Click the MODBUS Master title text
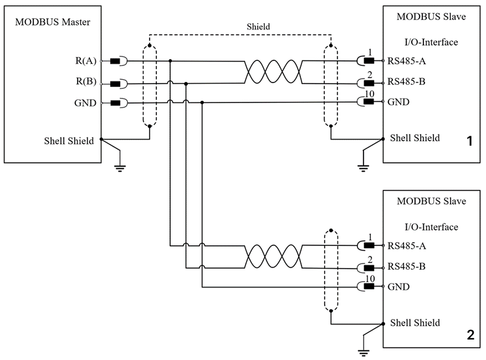53,22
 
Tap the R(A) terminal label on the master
86,61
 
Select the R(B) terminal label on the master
86,81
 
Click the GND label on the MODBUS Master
85,103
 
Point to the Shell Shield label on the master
69,141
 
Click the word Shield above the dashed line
258,27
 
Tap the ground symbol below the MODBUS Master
120,168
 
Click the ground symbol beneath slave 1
363,168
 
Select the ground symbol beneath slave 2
364,353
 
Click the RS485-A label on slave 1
406,61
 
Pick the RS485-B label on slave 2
406,266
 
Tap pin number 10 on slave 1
370,94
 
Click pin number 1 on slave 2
370,237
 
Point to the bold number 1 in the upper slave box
470,141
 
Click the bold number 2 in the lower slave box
470,335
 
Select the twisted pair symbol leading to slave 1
273,72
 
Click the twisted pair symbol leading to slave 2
273,256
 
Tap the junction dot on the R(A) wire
170,61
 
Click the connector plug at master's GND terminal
119,103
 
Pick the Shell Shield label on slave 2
415,323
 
